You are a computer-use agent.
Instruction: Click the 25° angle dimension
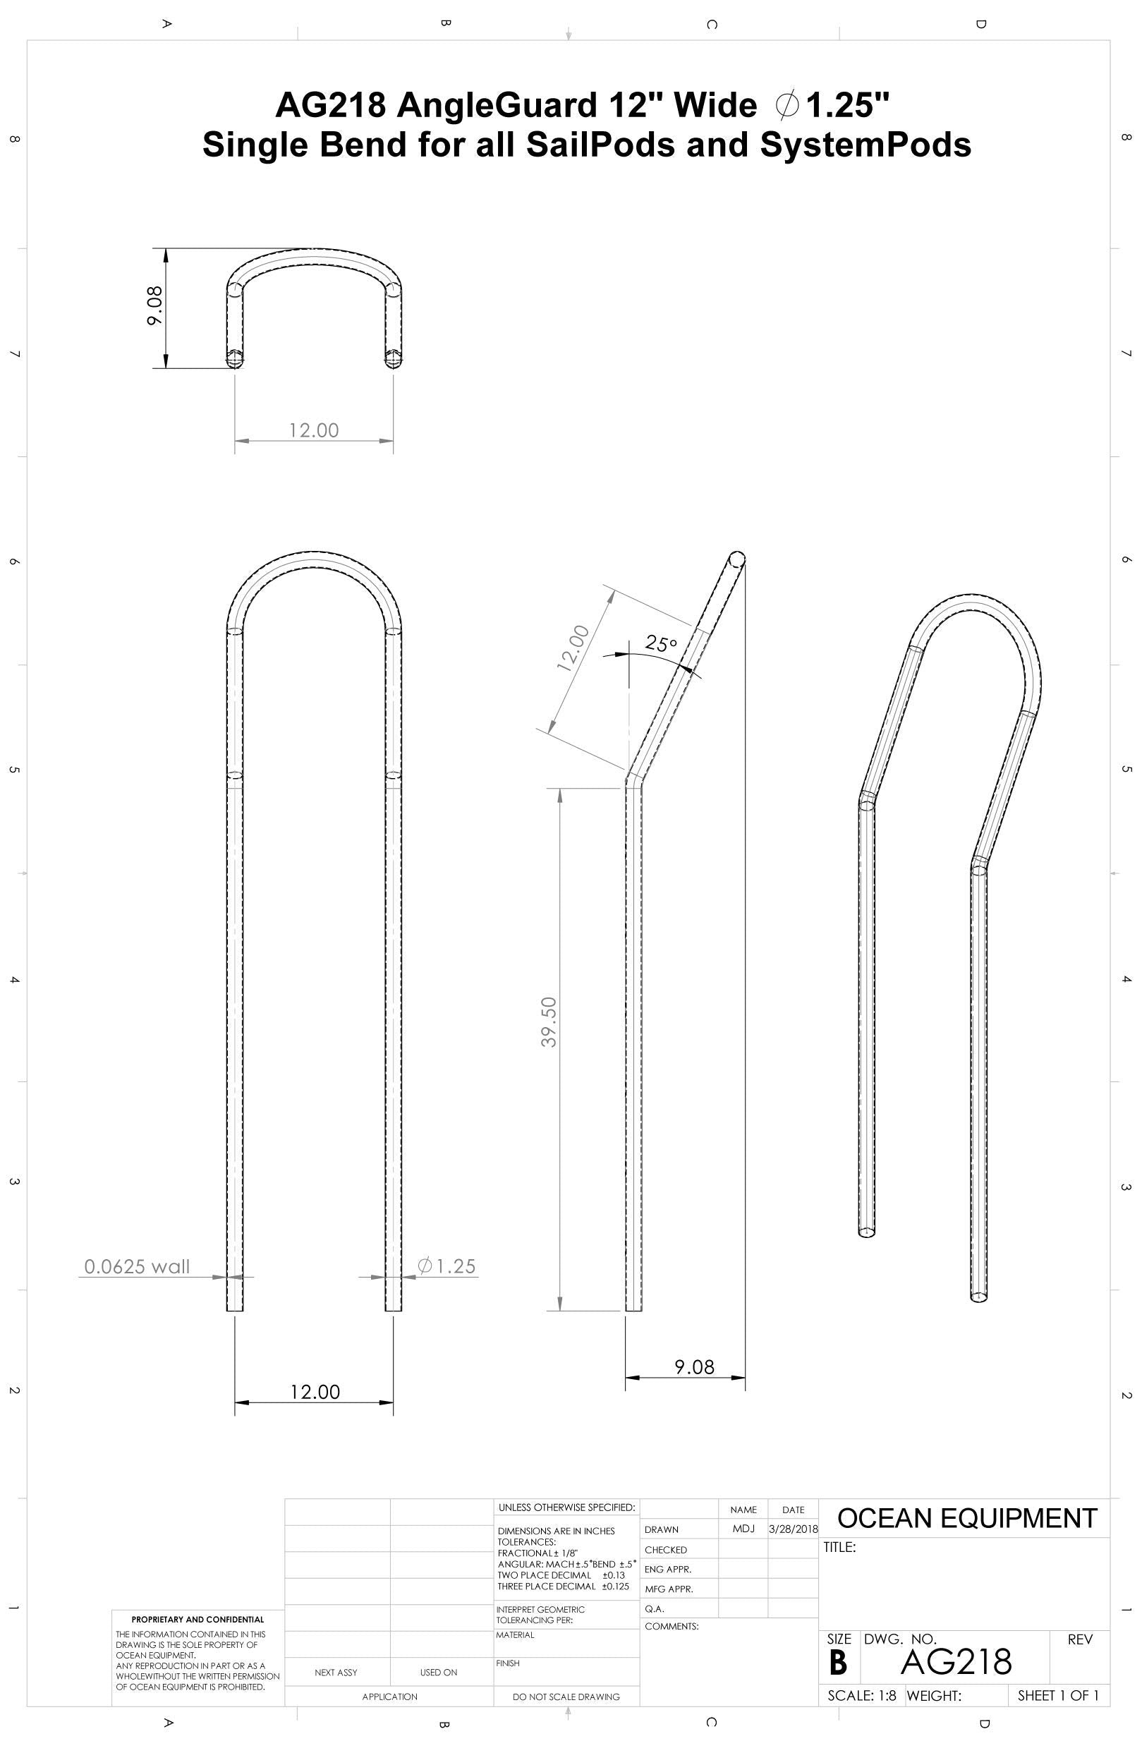click(x=661, y=644)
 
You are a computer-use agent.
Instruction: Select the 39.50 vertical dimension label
click(x=549, y=1022)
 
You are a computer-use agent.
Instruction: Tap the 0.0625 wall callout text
click(x=137, y=1266)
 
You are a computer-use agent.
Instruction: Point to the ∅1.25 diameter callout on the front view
click(x=447, y=1266)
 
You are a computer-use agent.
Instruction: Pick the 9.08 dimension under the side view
click(x=693, y=1366)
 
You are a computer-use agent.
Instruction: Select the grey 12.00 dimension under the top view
click(x=314, y=430)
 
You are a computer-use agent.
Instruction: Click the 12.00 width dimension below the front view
click(x=315, y=1391)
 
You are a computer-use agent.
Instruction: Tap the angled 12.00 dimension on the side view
click(x=572, y=648)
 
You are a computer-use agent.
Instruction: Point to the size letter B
click(x=838, y=1663)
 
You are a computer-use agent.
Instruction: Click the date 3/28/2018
click(x=793, y=1529)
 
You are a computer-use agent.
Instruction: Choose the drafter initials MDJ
click(x=743, y=1529)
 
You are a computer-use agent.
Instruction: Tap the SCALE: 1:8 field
click(x=861, y=1695)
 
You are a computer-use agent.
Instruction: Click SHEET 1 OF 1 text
click(x=1058, y=1695)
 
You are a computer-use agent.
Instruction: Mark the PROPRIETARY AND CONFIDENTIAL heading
click(x=198, y=1620)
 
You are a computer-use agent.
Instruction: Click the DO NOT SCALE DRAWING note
click(x=566, y=1697)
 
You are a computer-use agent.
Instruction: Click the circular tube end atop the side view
click(x=736, y=560)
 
